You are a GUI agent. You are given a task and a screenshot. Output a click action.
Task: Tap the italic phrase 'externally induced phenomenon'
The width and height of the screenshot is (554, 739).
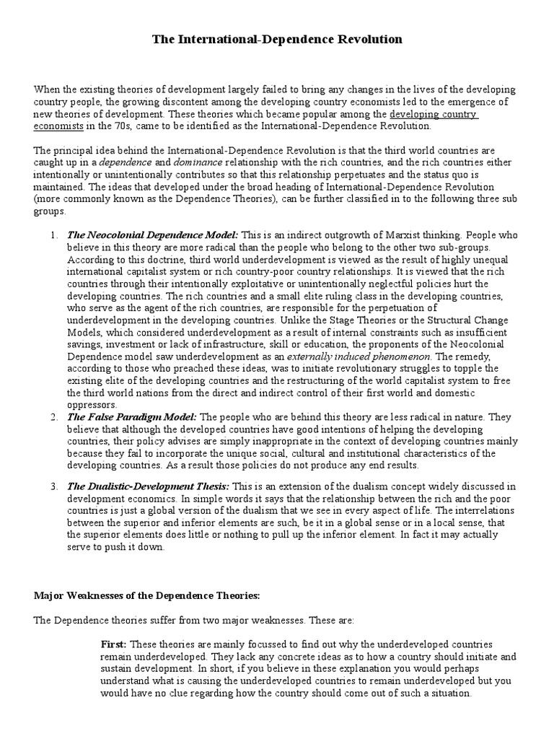point(349,357)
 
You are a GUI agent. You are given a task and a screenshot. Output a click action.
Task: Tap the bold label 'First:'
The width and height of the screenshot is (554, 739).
point(113,644)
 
